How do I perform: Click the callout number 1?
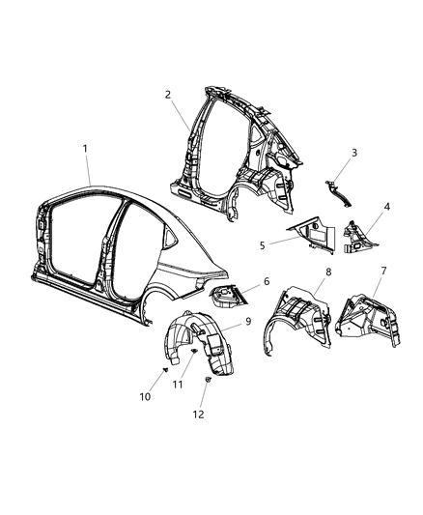[x=85, y=148]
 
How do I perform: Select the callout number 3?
[x=354, y=153]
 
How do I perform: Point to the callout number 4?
[x=386, y=207]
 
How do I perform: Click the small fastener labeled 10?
[x=165, y=370]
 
